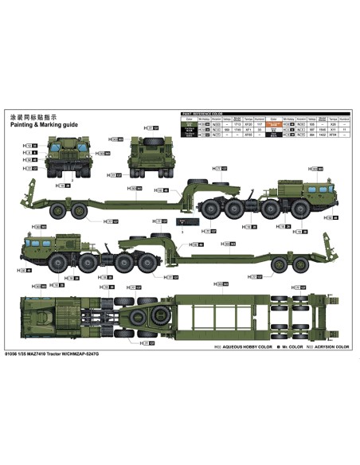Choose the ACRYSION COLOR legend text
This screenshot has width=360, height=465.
point(331,347)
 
